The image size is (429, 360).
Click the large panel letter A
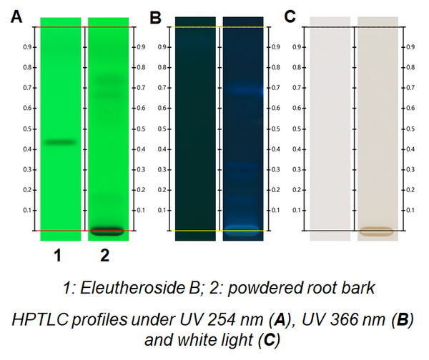[16, 16]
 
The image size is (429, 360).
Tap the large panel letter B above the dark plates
[155, 17]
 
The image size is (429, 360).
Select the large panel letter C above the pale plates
[290, 16]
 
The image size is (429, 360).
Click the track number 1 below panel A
[57, 256]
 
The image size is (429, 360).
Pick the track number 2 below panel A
[105, 256]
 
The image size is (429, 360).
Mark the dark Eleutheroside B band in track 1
[60, 142]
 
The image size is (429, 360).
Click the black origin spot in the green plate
[107, 231]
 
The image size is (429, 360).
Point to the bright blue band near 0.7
[245, 89]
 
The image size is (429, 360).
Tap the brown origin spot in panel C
[377, 231]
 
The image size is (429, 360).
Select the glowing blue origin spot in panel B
[242, 231]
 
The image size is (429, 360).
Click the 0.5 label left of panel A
[27, 129]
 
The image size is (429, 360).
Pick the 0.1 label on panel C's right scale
[410, 210]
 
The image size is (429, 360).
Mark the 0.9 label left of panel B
[162, 47]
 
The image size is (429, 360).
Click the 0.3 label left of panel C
[297, 169]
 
